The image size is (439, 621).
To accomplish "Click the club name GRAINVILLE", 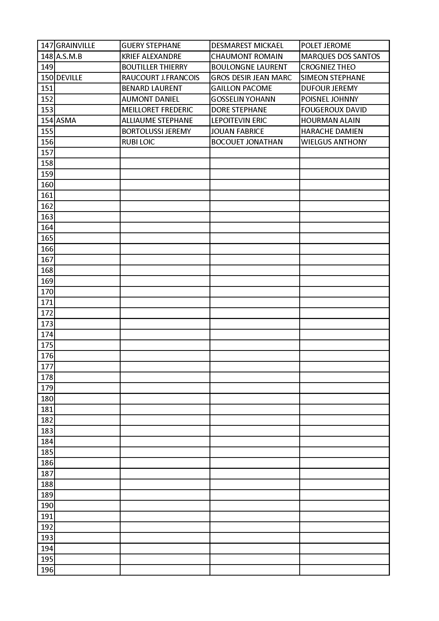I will pos(75,45).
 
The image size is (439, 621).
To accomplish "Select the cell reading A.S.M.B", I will pos(69,56).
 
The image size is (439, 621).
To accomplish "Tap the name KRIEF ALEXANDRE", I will pos(151,56).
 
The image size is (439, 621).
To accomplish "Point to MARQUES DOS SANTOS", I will pos(340,56).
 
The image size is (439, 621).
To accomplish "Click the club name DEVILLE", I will pos(69,78).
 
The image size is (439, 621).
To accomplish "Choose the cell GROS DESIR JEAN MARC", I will pos(251,78).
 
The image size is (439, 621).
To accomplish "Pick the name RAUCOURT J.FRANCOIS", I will pos(160,78).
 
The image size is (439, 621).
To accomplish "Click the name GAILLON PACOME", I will pos(242,88).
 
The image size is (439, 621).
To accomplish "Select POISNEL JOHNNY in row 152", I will pos(330,99).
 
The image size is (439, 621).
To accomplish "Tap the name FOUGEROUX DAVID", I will pos(334,109).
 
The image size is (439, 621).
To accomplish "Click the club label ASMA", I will pos(66,120).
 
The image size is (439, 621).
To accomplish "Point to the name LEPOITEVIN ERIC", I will pos(239,120).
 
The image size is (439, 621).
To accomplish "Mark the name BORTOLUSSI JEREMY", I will pos(156,131).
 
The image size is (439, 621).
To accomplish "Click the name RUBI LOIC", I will pos(138,142).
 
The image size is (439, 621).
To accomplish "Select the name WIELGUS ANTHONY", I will pos(334,142).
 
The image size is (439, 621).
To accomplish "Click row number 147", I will pos(47,45).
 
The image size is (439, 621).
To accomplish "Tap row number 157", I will pos(47,152).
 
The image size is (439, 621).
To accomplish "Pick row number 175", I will pos(47,345).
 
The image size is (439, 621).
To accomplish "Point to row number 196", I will pos(47,570).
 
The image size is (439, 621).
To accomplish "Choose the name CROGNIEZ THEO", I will pos(328,67).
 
